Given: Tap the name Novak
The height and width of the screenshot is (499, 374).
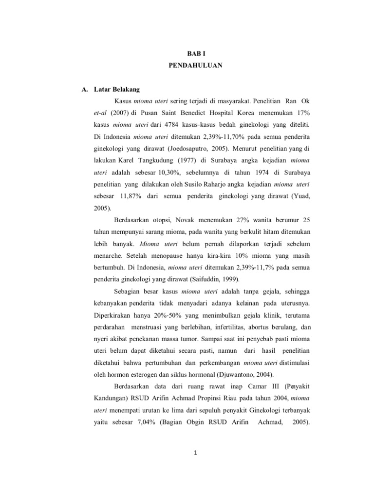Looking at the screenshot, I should click(x=187, y=220).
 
